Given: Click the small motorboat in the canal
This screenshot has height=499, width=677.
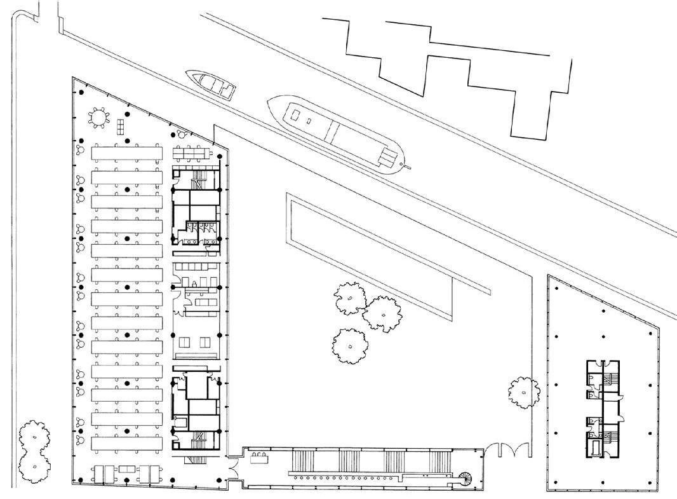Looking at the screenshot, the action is coord(211,85).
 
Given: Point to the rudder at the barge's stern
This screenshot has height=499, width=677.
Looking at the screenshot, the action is coord(406,167).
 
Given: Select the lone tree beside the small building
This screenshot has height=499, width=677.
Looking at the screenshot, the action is coord(523,392).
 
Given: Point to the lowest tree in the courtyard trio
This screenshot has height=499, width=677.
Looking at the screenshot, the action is coord(350,345).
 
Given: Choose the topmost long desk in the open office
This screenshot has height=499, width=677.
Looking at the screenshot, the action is coord(128,153).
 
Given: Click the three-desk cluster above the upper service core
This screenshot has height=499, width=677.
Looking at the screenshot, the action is coord(193,153).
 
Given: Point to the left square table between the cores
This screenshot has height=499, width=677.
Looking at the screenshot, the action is coord(189,343).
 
